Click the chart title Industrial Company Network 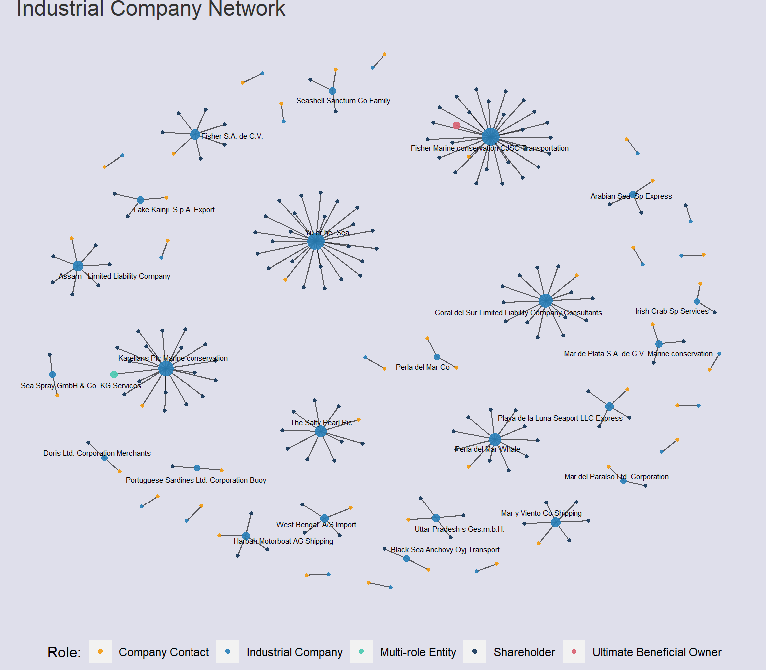pos(151,9)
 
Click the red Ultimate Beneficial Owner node pos(456,125)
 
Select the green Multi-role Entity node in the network pos(114,374)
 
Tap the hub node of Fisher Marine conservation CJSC pos(490,136)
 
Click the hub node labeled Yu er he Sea pos(315,242)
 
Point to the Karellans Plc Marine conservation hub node pos(166,368)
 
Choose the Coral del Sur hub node pos(545,301)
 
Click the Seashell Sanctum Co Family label pos(343,101)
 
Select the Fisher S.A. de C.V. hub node pos(195,134)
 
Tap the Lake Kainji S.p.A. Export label pos(174,210)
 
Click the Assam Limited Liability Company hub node pos(78,266)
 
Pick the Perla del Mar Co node pos(437,357)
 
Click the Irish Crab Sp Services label pos(672,311)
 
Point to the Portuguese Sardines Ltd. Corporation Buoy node pos(197,468)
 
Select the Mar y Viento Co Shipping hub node pos(556,522)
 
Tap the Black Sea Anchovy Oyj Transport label pos(445,550)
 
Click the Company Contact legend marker pos(100,651)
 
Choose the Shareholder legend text pos(524,652)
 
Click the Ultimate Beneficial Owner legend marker pos(574,651)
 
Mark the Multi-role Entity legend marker pos(361,651)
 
